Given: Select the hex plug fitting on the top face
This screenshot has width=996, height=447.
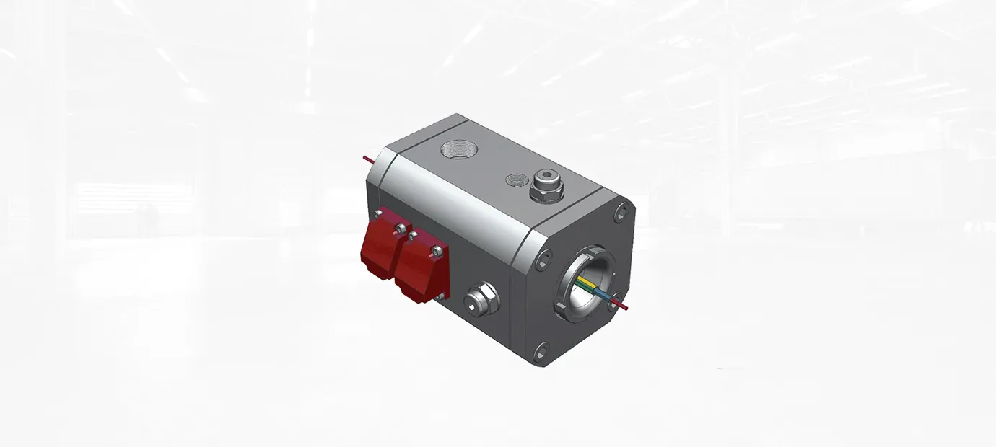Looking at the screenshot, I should [x=546, y=189].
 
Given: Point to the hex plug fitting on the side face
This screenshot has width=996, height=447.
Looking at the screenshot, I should [x=481, y=301].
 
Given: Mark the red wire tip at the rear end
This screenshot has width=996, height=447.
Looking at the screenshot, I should [x=366, y=158].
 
